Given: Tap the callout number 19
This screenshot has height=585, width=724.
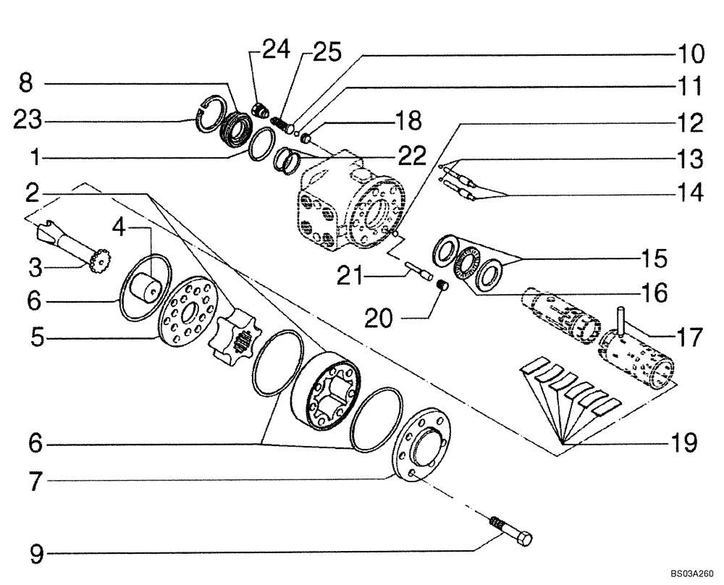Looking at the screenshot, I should pyautogui.click(x=680, y=441).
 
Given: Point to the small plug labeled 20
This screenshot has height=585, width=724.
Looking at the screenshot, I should pyautogui.click(x=439, y=290).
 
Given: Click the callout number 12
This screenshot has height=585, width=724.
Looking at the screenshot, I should pyautogui.click(x=681, y=123).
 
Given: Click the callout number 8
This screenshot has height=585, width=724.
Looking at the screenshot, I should pyautogui.click(x=26, y=83).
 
